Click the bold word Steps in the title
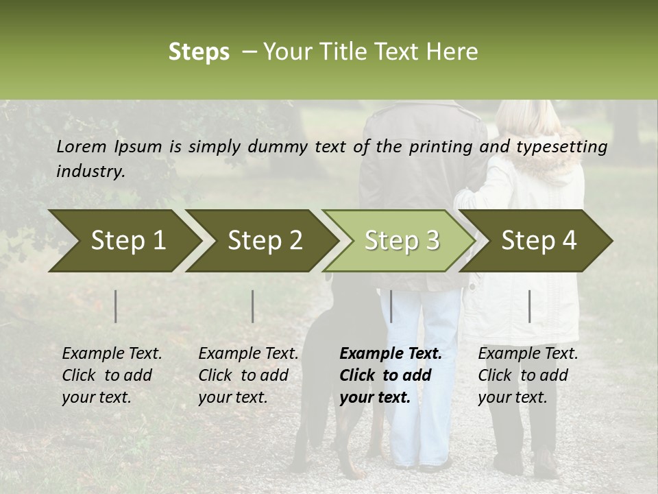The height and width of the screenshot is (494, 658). [199, 52]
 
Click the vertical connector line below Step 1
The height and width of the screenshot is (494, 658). [116, 306]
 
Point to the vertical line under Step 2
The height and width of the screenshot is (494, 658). [253, 306]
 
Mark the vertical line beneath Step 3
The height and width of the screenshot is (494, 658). [391, 306]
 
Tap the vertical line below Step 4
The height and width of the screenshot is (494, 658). [529, 306]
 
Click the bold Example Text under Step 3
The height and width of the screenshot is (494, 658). [391, 375]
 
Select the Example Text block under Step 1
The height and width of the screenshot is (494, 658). [112, 375]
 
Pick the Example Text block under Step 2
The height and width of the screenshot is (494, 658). [248, 375]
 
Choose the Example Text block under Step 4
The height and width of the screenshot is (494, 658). [528, 375]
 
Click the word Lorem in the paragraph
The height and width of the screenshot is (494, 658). [82, 147]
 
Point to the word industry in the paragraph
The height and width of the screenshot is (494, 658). [90, 172]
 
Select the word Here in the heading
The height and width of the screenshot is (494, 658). [454, 52]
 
